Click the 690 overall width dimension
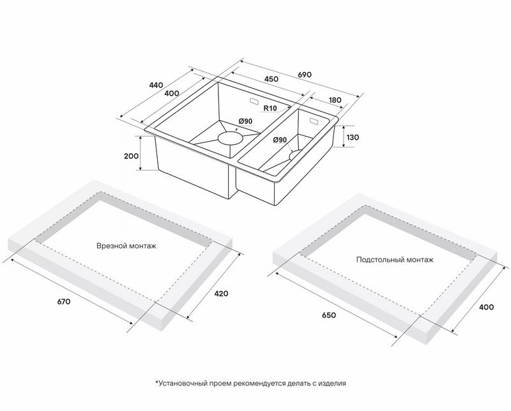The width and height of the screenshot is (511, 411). pos(305,75)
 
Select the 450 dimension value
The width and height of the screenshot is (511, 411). pos(271,78)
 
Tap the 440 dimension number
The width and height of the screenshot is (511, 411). pos(156,86)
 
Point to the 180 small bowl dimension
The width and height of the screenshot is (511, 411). pos(334,100)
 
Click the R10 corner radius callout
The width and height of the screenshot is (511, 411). pos(270,108)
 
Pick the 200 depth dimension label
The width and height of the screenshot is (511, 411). pos(132,156)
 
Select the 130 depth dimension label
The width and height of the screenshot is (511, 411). pos(353,137)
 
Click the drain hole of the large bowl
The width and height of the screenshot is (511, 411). pos(231,138)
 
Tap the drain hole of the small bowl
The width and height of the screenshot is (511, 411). pos(295,155)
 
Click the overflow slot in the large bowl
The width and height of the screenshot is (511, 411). pos(253,101)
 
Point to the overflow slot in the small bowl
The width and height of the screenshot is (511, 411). pos(314,121)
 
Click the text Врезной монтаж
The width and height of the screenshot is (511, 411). pos(126,246)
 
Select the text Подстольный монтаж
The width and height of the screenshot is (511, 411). pos(395,260)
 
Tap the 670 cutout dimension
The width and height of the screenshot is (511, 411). pos(64,302)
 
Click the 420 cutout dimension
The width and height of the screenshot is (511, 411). pos(221,294)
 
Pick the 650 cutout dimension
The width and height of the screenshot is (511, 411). pos(328,315)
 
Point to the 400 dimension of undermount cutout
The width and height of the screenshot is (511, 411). pos(487,307)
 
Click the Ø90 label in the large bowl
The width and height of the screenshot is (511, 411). pos(245,121)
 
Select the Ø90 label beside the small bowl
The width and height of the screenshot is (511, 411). pos(280,140)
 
